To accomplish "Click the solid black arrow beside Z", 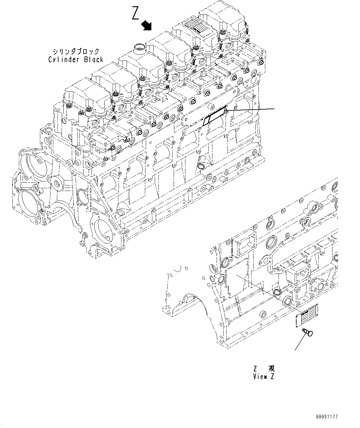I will coord(146,25).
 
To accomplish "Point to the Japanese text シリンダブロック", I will coord(76,51).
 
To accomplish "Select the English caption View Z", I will coord(263,376).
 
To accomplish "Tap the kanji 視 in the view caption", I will coord(271,368).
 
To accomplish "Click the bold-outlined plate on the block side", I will coord(215,115).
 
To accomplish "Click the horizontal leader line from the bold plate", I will coord(251,109).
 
